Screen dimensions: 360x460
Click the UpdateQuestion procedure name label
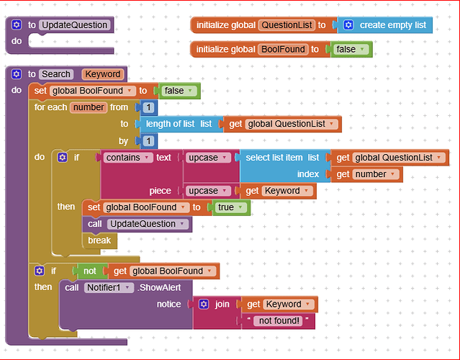(x=75, y=25)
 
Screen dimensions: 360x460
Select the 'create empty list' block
(x=392, y=25)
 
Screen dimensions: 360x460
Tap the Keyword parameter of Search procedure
(x=102, y=74)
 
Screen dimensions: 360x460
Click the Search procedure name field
(x=56, y=74)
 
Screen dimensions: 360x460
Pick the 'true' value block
(x=230, y=207)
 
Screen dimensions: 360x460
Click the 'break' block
(x=99, y=240)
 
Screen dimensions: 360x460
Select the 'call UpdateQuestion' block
(x=137, y=224)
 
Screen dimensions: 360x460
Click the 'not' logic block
(x=89, y=271)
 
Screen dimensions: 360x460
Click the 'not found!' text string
(x=281, y=321)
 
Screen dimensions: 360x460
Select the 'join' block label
(x=222, y=305)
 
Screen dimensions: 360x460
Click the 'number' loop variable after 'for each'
(x=89, y=107)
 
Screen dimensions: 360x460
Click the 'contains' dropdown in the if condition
(x=127, y=158)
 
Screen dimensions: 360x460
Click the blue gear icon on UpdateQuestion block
(x=17, y=25)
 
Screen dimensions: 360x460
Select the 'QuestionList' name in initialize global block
(x=287, y=25)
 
